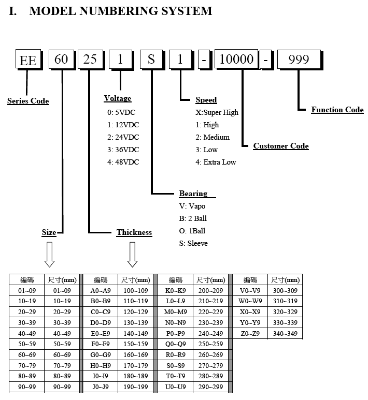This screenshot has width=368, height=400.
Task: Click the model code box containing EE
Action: tap(29, 60)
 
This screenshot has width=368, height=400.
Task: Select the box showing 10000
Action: tap(236, 59)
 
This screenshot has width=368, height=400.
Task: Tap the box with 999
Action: tap(299, 60)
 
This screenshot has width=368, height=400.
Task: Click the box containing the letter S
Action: tap(151, 60)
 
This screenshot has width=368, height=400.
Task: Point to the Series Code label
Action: tap(28, 101)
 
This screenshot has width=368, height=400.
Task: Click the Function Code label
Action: tap(337, 110)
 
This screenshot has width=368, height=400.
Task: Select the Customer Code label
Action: tap(281, 146)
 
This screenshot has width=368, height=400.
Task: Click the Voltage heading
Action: tap(118, 98)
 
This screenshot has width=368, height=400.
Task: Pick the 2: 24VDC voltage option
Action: tap(123, 137)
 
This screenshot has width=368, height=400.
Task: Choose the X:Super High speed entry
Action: tap(217, 112)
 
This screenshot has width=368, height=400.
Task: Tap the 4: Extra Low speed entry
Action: tap(216, 162)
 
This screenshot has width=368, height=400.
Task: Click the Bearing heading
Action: tap(193, 194)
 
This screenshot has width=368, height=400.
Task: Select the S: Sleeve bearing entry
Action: tap(193, 243)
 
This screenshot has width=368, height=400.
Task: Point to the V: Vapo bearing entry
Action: tap(192, 206)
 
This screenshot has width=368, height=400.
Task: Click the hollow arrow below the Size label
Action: tap(49, 255)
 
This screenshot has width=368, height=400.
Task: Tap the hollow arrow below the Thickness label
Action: tap(132, 255)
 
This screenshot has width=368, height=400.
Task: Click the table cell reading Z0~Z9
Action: tap(250, 333)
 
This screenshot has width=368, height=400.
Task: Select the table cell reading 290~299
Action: tap(210, 387)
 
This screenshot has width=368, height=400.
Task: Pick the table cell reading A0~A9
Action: tap(101, 291)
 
